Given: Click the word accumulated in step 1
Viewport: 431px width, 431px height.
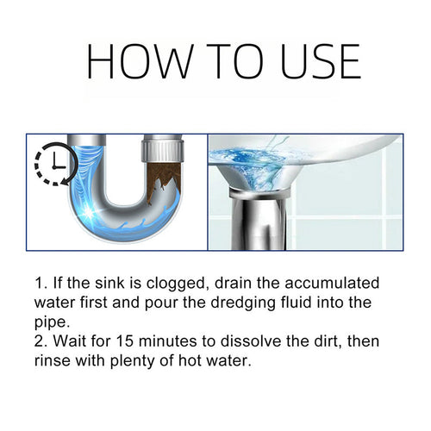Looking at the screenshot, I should (x=333, y=284).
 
